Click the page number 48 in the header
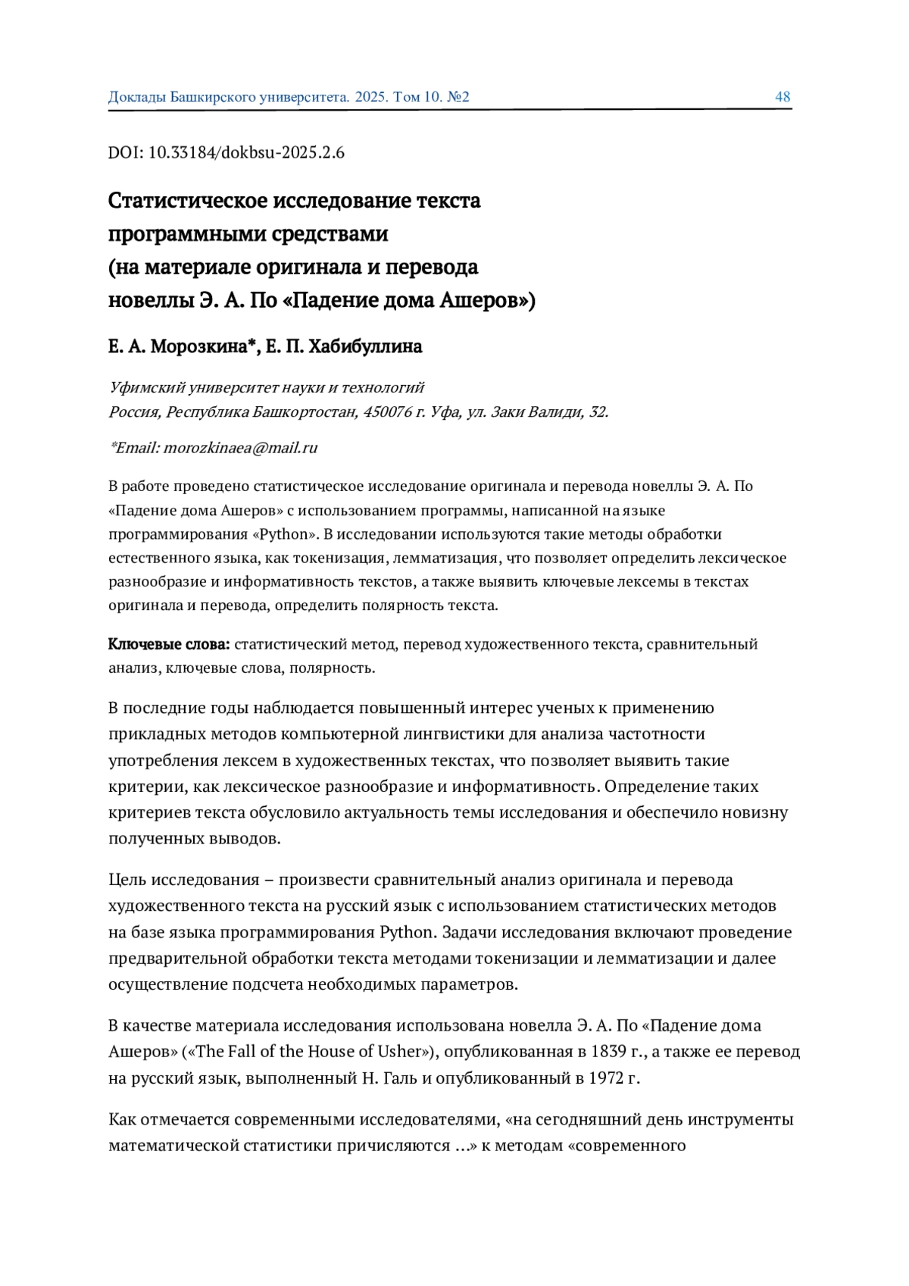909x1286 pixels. [782, 97]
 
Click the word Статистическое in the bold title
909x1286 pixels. [186, 201]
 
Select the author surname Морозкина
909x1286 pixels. [202, 346]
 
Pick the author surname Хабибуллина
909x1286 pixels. [365, 346]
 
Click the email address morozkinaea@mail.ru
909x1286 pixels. [240, 448]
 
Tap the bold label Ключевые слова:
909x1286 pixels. [169, 644]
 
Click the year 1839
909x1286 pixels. [599, 1051]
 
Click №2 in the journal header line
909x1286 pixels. [458, 97]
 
